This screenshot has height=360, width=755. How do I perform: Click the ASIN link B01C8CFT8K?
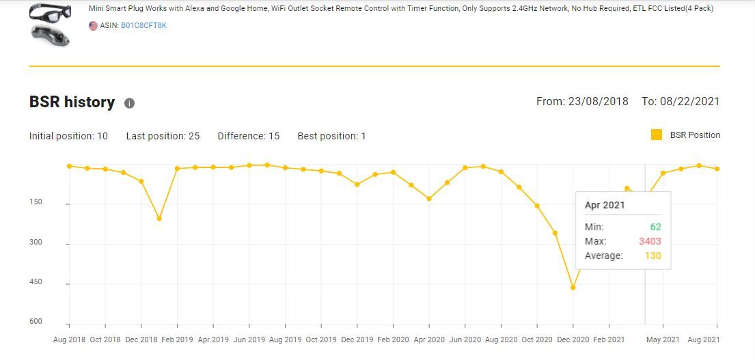pyautogui.click(x=143, y=26)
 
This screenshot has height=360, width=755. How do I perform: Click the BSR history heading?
pyautogui.click(x=72, y=102)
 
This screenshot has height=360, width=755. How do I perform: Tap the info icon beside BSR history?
pyautogui.click(x=129, y=103)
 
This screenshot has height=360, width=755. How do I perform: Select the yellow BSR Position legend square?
pyautogui.click(x=657, y=135)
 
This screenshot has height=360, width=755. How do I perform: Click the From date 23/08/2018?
pyautogui.click(x=582, y=102)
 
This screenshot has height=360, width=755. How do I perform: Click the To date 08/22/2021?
pyautogui.click(x=680, y=102)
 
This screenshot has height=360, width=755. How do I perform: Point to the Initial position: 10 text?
pyautogui.click(x=68, y=136)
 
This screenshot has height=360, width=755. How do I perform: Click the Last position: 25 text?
pyautogui.click(x=163, y=136)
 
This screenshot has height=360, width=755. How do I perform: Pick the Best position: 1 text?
pyautogui.click(x=331, y=136)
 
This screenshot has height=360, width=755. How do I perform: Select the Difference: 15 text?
pyautogui.click(x=249, y=136)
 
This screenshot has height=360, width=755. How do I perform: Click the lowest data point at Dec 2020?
pyautogui.click(x=573, y=288)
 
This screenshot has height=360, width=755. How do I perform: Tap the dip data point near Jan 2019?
pyautogui.click(x=159, y=219)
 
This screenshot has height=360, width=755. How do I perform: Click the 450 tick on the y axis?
pyautogui.click(x=36, y=282)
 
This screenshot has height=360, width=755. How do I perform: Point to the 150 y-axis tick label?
pyautogui.click(x=36, y=202)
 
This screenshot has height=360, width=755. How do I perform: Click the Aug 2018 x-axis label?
pyautogui.click(x=69, y=340)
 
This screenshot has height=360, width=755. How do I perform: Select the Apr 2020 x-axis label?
pyautogui.click(x=428, y=340)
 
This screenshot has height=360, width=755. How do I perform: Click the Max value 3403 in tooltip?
pyautogui.click(x=650, y=241)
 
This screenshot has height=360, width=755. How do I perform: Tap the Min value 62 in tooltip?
pyautogui.click(x=655, y=227)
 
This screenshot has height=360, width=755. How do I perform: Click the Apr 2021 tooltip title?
pyautogui.click(x=605, y=205)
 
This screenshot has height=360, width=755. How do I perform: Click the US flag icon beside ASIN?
pyautogui.click(x=93, y=26)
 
